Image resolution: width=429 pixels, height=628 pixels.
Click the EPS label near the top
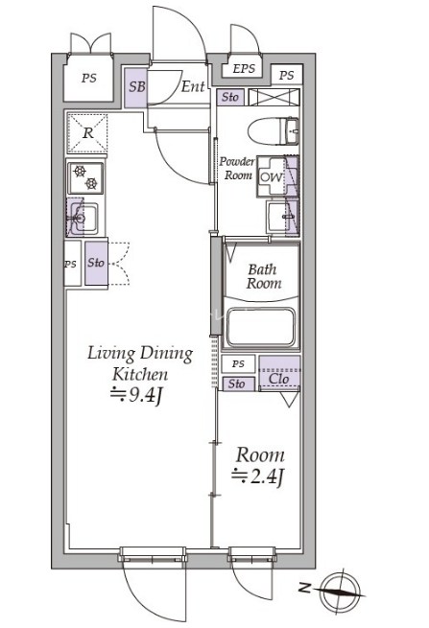244,68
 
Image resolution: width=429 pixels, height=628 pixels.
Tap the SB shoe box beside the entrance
135,88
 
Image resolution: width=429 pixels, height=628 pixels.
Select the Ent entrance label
193,86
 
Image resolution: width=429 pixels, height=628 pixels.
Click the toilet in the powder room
273,131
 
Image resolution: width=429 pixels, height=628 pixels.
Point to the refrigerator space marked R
87,133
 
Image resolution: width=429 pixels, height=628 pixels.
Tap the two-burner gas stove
85,177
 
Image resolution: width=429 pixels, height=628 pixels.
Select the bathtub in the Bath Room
261,327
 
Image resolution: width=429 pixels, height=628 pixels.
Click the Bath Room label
263,276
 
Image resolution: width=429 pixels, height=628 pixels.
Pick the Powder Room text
237,169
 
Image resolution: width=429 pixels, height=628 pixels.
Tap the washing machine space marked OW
271,176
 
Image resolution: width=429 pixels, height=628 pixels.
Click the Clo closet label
278,378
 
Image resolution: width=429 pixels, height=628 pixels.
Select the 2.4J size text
258,477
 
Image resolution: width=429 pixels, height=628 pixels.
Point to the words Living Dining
140,354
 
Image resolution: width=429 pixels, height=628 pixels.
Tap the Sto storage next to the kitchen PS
96,263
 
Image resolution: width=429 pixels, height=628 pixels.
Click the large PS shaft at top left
89,78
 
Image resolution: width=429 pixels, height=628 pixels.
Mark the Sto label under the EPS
230,97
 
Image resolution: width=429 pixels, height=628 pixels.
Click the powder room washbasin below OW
283,217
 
